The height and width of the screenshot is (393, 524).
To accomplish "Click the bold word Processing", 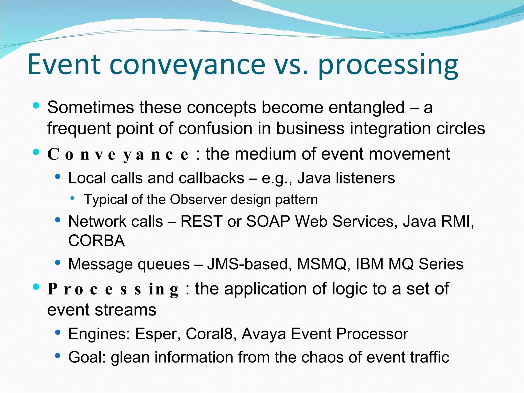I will (x=113, y=289).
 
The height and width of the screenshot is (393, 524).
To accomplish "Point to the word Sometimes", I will (x=90, y=107).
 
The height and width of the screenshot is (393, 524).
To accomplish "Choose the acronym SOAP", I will (x=268, y=221).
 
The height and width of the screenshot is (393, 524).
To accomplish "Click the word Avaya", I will (x=264, y=334).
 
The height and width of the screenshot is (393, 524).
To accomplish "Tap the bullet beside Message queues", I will (x=58, y=262).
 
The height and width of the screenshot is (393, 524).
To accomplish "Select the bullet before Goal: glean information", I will (x=58, y=355).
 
